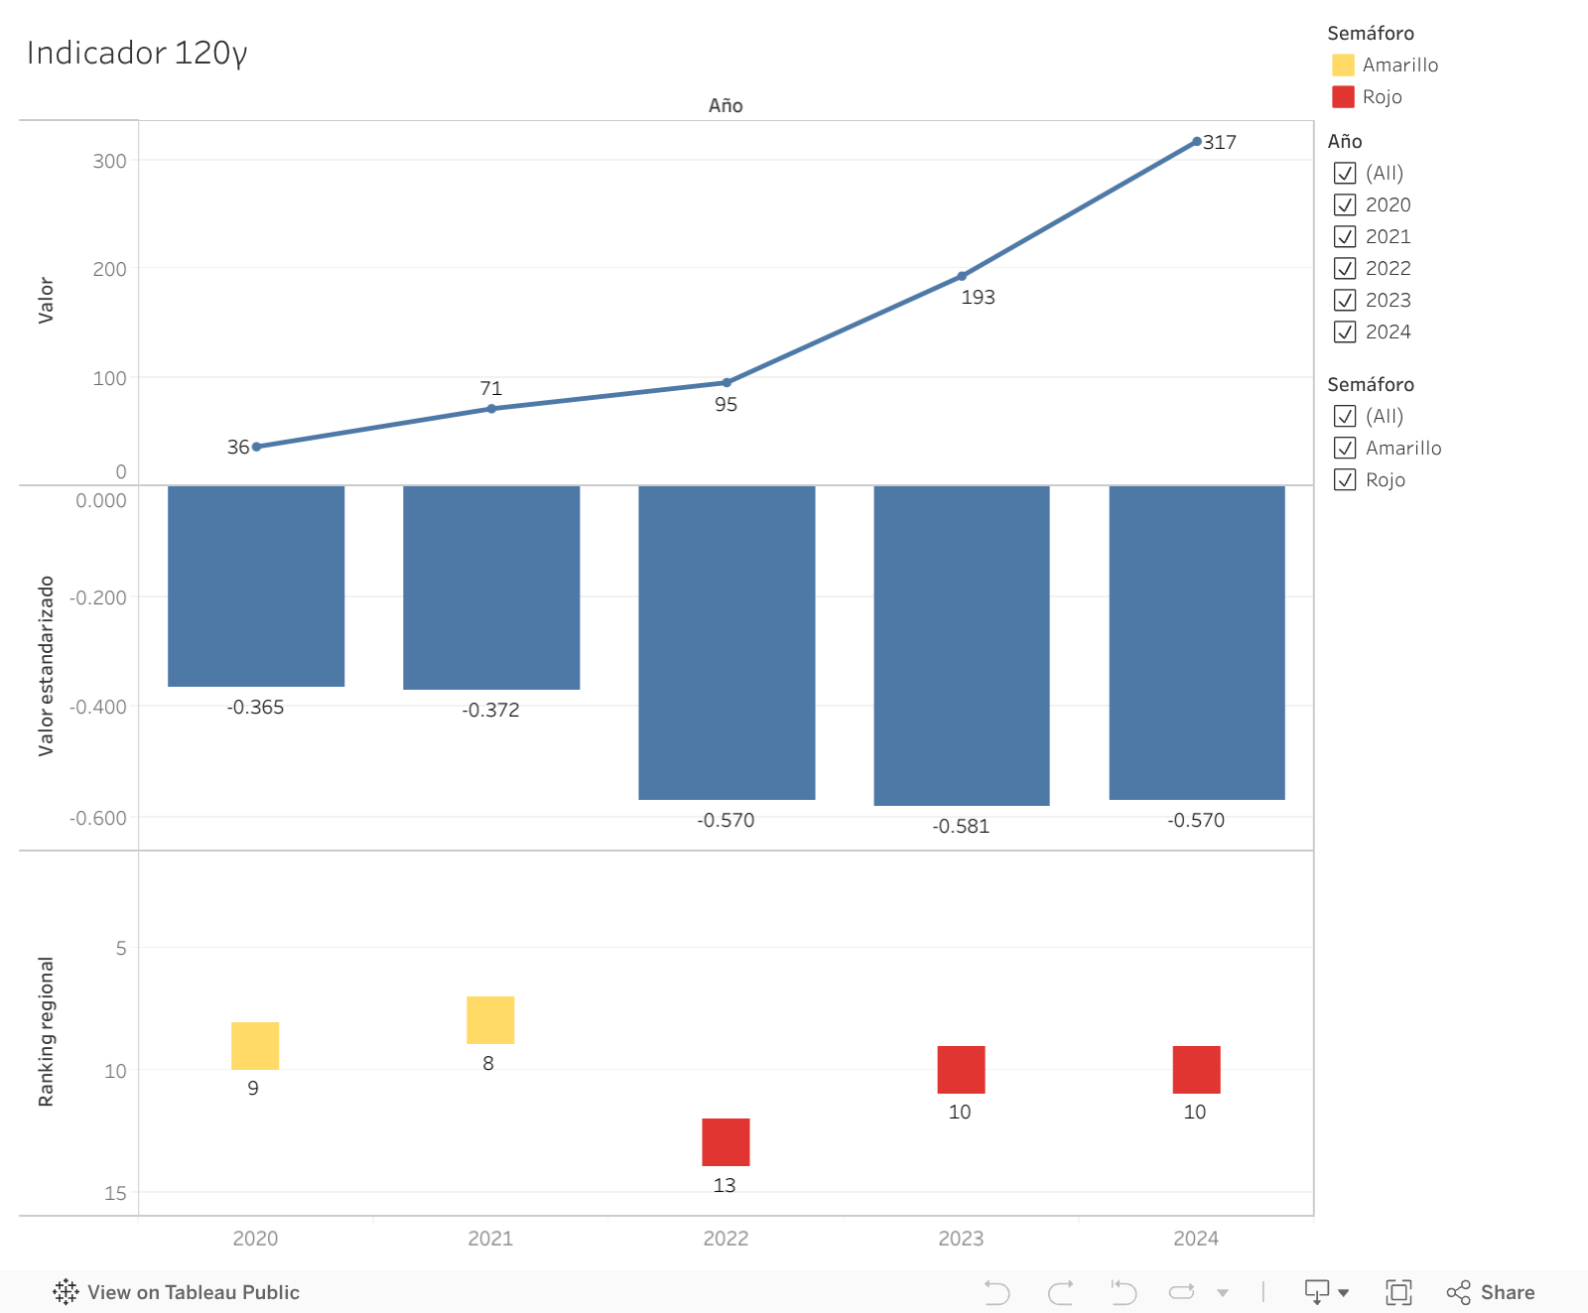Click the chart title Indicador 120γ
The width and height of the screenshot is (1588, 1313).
coord(137,53)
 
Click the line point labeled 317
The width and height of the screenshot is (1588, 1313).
coord(1197,142)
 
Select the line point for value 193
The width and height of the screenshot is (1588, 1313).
coord(962,276)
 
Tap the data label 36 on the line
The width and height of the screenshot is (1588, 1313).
coord(238,447)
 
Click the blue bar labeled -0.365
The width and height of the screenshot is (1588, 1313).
coord(256,586)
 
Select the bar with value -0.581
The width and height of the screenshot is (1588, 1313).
coord(961,645)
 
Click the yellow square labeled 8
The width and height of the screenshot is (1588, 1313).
coord(490,1020)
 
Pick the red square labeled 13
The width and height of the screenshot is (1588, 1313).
coord(726,1142)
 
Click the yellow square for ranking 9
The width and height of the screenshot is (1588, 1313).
coord(255,1046)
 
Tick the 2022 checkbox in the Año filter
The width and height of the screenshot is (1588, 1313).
coord(1345,268)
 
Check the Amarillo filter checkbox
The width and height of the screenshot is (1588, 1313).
coord(1345,448)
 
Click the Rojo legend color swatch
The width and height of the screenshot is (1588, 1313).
coord(1343,96)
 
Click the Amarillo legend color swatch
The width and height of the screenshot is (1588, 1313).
coord(1343,65)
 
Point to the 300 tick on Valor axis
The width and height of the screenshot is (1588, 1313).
coord(109,161)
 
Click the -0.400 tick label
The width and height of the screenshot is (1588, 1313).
coord(97,707)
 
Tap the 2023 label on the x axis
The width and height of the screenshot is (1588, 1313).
coord(961,1238)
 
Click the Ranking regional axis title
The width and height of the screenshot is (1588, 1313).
coord(46,1032)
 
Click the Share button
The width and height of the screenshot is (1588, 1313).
coord(1491,1292)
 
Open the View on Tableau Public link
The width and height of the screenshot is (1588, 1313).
coord(177,1292)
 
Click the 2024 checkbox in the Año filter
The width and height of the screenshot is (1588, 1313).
coord(1345,331)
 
